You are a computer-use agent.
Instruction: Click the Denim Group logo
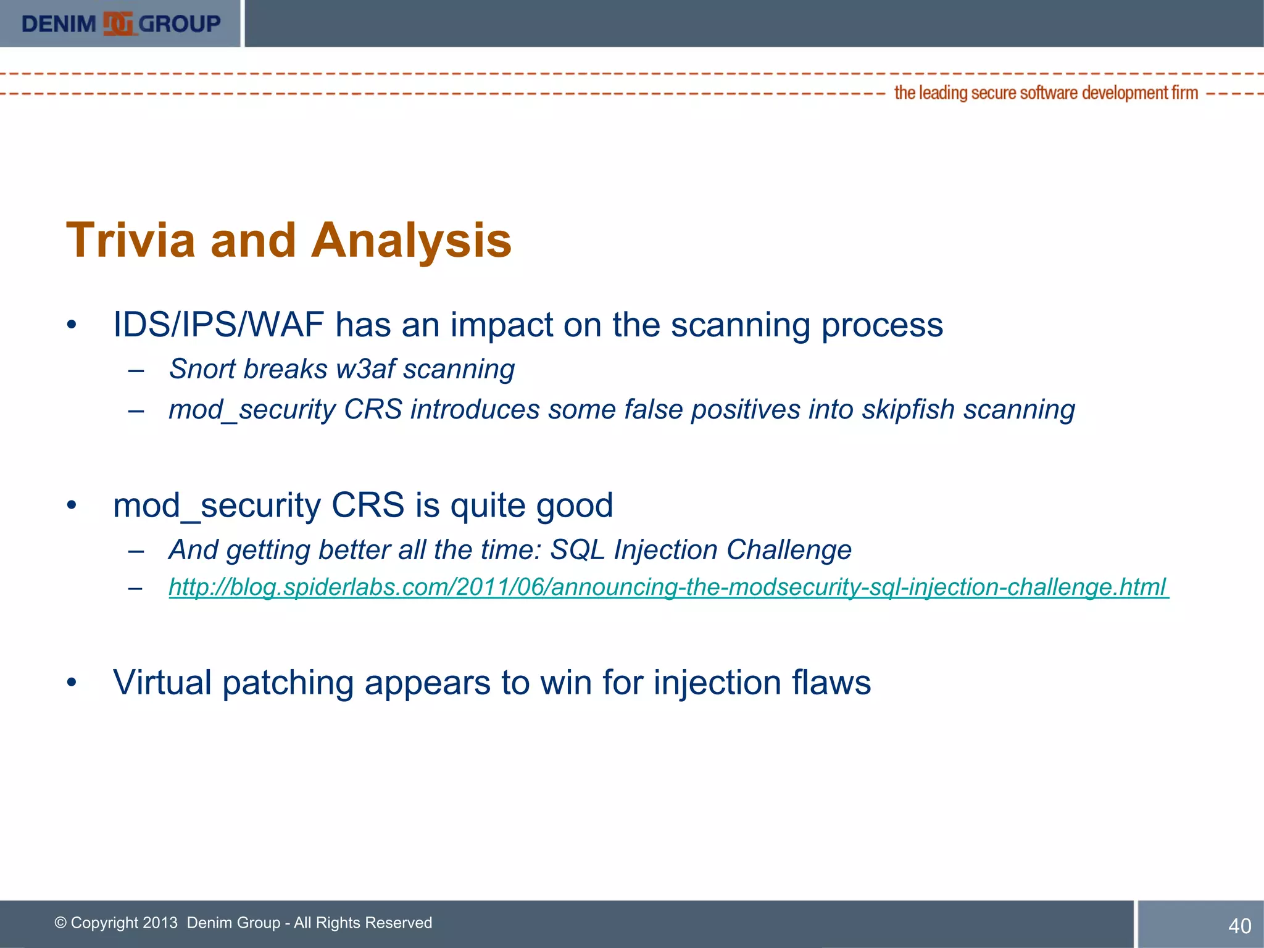[121, 24]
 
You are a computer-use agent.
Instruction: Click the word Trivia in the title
[130, 241]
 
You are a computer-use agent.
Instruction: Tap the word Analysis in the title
[411, 241]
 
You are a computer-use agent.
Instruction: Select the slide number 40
[1239, 926]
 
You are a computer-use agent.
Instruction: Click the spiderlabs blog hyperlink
[668, 587]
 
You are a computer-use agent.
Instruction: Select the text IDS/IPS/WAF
[218, 325]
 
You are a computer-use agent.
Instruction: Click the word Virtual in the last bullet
[162, 683]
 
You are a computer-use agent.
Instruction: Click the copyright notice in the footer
[243, 923]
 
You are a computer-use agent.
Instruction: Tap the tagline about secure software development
[1046, 93]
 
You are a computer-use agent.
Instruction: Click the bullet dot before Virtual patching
[72, 683]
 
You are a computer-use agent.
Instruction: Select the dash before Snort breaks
[136, 371]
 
